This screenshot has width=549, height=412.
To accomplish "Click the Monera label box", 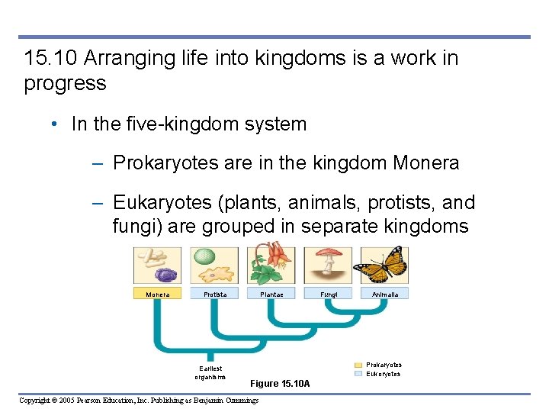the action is pos(158,294).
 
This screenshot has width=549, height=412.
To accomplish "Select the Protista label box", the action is pos(215,294).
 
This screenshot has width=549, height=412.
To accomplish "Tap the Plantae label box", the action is pos(271,294).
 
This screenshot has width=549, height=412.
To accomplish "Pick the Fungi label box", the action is pos(329,294).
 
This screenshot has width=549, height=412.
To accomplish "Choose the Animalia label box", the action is pos(385,294).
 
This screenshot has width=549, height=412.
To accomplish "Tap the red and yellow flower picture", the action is pos(271,263).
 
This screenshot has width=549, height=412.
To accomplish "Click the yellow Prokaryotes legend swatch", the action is pos(358,365).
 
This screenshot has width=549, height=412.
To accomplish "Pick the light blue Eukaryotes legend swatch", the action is pos(358,374).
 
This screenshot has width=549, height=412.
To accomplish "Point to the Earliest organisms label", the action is pos(210,372).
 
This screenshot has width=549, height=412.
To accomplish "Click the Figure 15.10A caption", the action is pos(280,383).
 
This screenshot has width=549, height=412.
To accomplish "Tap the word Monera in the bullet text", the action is pos(426,163).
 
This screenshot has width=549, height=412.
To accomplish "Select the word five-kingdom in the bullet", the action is pos(190,124).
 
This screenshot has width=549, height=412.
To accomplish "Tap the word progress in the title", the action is pos(65,83).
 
